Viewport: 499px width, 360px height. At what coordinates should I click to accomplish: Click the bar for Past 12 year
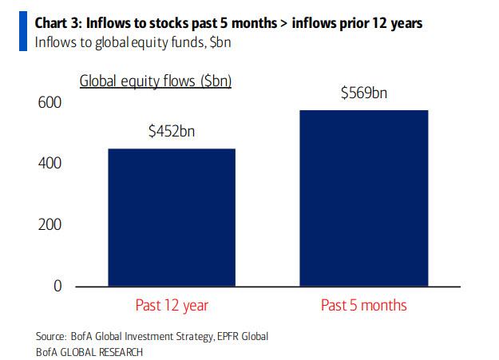172,216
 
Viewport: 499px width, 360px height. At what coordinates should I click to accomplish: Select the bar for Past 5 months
363,197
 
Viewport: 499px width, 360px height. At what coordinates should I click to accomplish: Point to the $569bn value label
363,93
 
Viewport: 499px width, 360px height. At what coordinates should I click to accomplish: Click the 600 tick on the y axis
50,103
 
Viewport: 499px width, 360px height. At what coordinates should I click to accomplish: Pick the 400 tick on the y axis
50,164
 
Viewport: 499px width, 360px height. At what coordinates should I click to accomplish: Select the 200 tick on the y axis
50,224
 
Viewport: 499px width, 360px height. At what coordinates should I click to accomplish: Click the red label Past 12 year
172,305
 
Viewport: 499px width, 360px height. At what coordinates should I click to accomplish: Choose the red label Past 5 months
363,305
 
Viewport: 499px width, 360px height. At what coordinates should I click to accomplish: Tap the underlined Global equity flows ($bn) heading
155,81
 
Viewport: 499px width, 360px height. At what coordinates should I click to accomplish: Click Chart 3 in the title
60,23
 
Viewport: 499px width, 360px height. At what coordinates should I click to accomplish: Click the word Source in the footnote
51,336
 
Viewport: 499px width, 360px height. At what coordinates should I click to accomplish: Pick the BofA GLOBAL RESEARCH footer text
89,350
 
